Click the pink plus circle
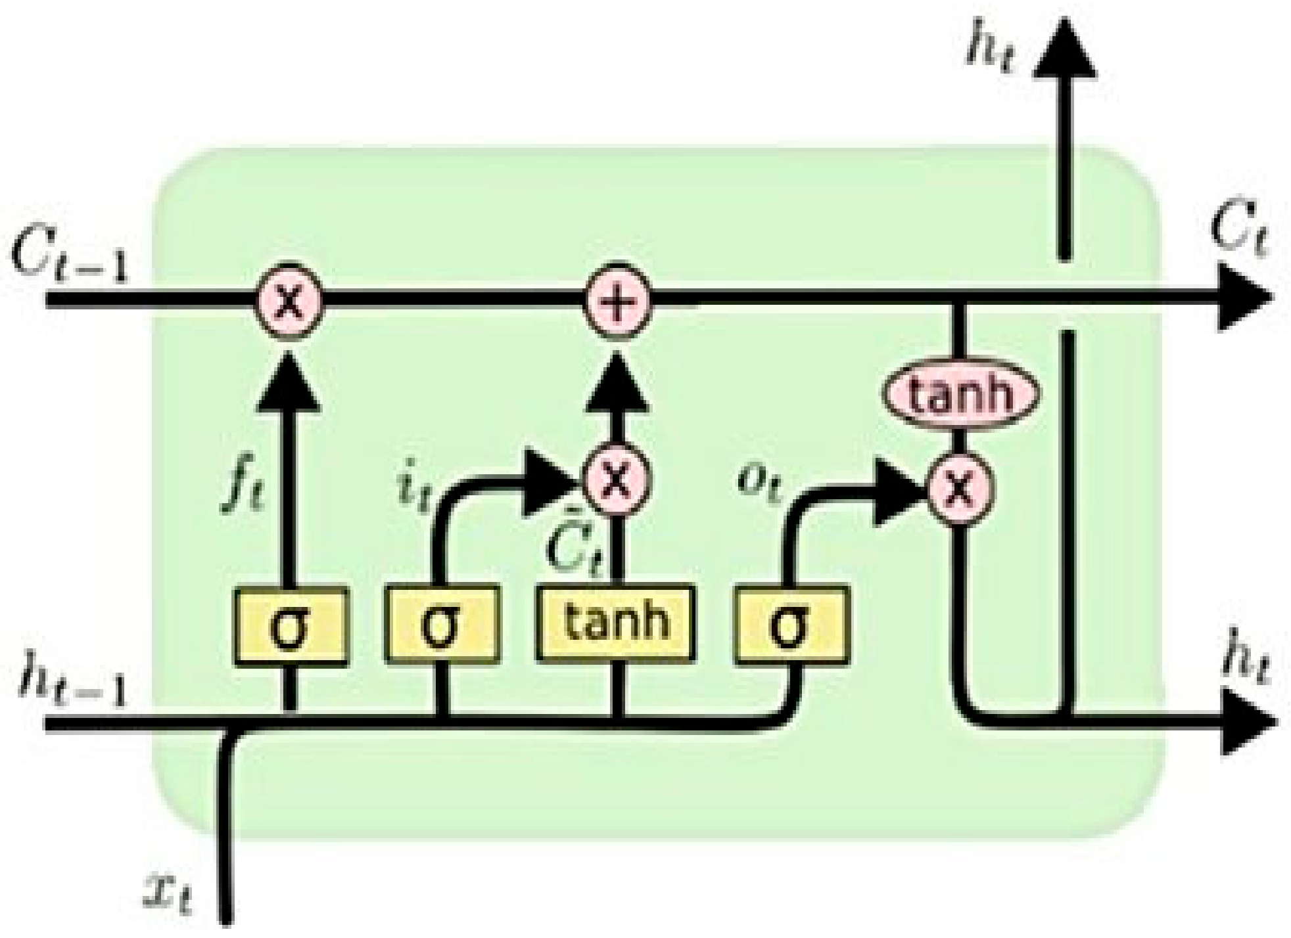coord(617,302)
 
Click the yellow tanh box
coord(616,622)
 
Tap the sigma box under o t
coord(791,624)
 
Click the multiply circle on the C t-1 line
coord(289,302)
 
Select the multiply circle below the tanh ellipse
coord(961,489)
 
